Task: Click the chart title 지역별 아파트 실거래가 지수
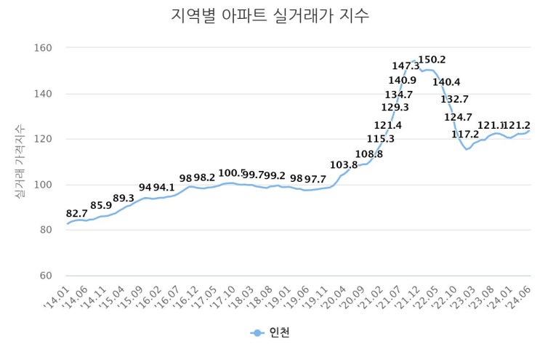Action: [x=270, y=16]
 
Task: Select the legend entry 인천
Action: [x=271, y=332]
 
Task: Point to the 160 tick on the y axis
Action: [x=44, y=48]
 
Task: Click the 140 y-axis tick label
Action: [x=44, y=94]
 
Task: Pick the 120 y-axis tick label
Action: [x=44, y=139]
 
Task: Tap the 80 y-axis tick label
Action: [x=47, y=230]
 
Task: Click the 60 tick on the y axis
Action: [x=47, y=276]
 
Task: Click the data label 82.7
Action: [x=77, y=213]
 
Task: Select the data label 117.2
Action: [x=465, y=135]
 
